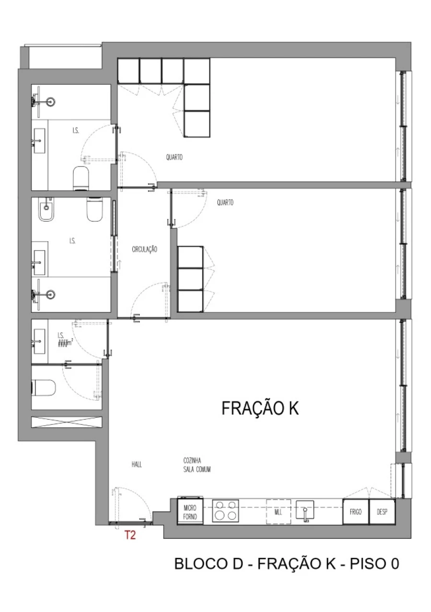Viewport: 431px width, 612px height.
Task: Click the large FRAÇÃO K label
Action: [260, 408]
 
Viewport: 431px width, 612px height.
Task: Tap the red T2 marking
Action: [130, 535]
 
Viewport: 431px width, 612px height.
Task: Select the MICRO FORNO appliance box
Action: [190, 511]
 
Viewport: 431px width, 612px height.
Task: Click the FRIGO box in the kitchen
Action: [355, 512]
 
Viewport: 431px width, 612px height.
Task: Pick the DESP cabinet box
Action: [382, 512]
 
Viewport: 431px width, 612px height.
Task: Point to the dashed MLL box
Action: [278, 512]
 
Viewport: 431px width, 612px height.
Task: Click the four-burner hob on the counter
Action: [226, 510]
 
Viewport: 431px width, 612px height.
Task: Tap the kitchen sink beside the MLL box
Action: [305, 511]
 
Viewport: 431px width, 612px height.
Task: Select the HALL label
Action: [137, 464]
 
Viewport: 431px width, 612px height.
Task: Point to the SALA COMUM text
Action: [197, 470]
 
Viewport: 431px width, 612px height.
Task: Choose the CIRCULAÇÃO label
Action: [145, 249]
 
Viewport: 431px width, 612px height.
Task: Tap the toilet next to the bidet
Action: [94, 210]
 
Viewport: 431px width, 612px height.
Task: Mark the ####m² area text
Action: [65, 343]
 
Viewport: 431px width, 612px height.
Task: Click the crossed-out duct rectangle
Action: [67, 422]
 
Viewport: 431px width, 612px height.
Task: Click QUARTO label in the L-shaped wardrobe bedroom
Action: [174, 157]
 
